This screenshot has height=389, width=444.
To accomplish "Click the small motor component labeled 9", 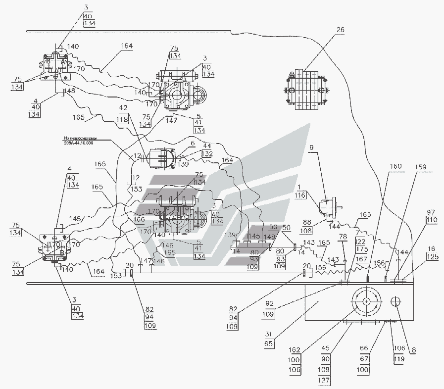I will (x=327, y=206).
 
